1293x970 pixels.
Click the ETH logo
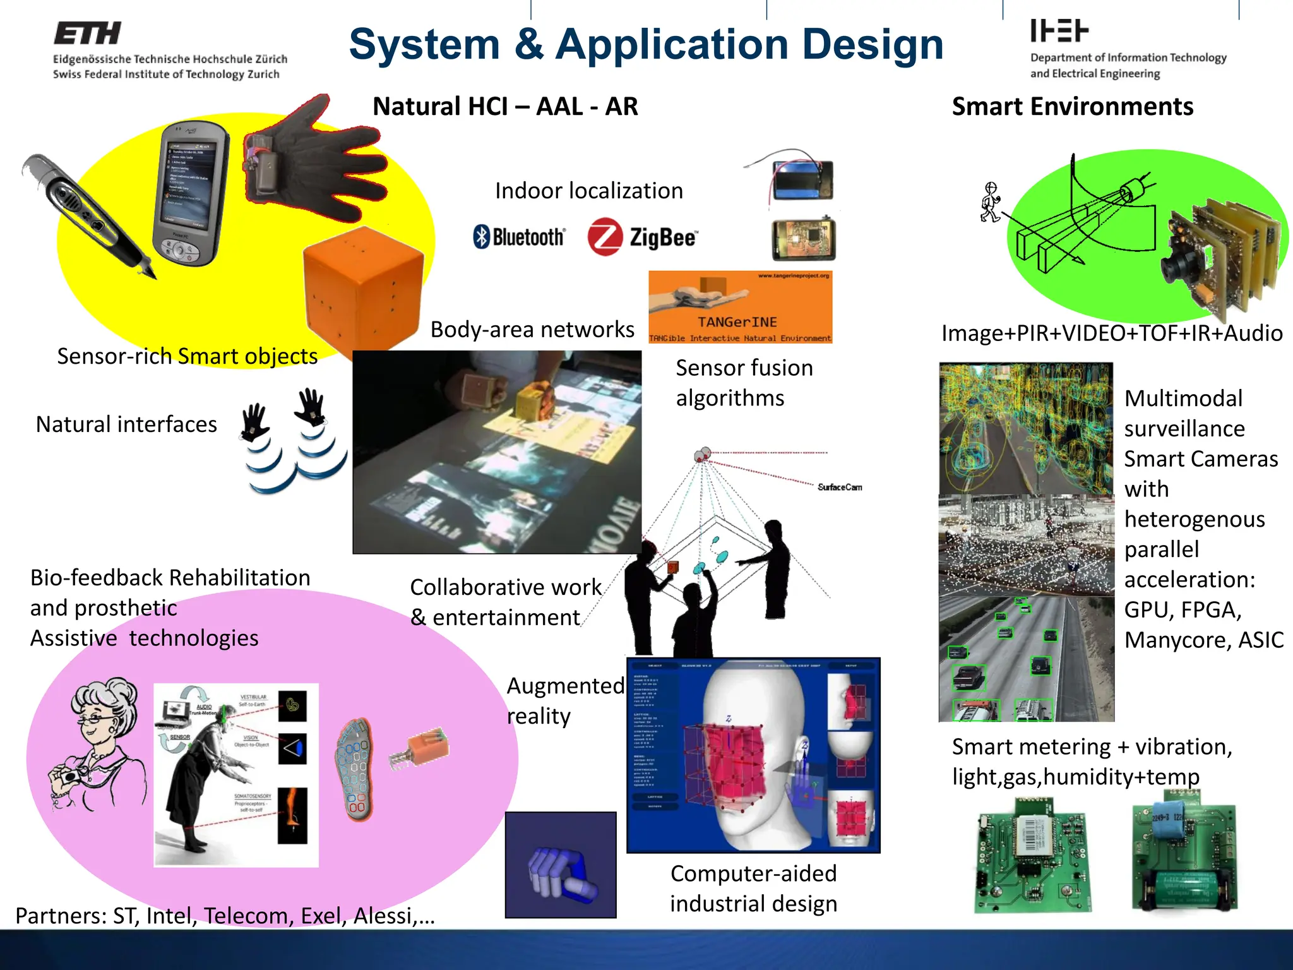(x=87, y=33)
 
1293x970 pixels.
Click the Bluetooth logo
(x=519, y=237)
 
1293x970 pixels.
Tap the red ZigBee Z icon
(x=605, y=237)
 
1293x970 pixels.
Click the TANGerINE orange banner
(x=740, y=307)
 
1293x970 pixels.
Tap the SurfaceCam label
(x=840, y=487)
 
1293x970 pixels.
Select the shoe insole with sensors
(x=355, y=769)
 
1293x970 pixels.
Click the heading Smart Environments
(x=1072, y=106)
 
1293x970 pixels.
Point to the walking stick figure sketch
(x=990, y=202)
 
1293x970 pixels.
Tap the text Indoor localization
(x=588, y=191)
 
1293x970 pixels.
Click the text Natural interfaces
(x=126, y=424)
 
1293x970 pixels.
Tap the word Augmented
(x=565, y=686)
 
